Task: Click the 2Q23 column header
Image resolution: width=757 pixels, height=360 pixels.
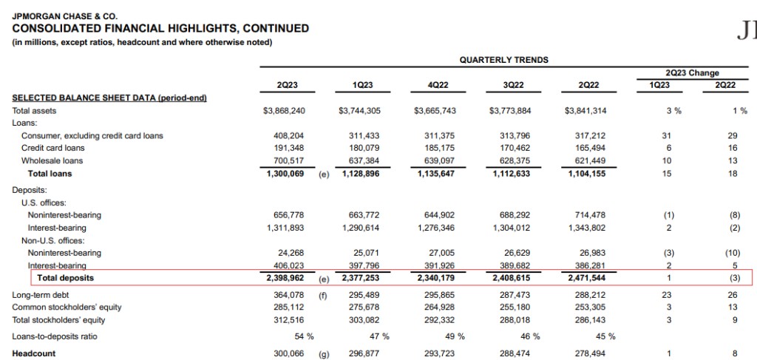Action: [x=287, y=86]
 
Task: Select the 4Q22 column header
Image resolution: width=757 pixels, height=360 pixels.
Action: [x=438, y=86]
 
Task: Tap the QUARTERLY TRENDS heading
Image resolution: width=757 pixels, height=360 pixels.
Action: [x=503, y=59]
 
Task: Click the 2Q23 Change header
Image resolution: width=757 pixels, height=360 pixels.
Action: [x=692, y=73]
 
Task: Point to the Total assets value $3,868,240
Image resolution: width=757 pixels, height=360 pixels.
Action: [x=284, y=111]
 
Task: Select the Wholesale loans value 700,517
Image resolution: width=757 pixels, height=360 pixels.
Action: [x=289, y=161]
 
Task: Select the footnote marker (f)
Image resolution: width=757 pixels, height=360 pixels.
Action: [x=323, y=296]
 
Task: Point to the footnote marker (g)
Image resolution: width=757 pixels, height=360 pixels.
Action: [x=323, y=354]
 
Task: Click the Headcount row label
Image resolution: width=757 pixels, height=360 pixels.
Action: [x=34, y=353]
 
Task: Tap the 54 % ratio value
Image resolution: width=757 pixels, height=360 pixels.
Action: [x=305, y=336]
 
